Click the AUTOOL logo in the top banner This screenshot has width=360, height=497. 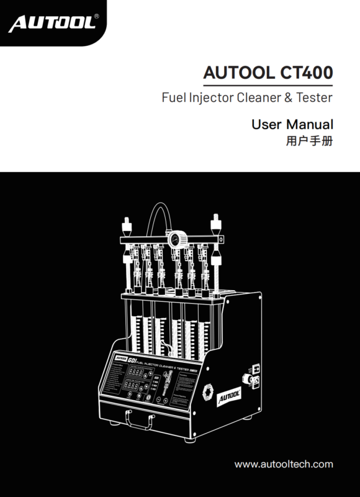(51, 24)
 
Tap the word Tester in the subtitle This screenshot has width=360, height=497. (313, 98)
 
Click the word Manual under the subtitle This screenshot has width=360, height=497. (309, 124)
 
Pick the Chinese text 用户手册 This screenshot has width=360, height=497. (308, 141)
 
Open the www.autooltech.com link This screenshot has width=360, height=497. (284, 463)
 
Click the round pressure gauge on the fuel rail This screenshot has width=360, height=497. (175, 239)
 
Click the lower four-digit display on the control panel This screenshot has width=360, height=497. (135, 388)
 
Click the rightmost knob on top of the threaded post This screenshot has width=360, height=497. (217, 221)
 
